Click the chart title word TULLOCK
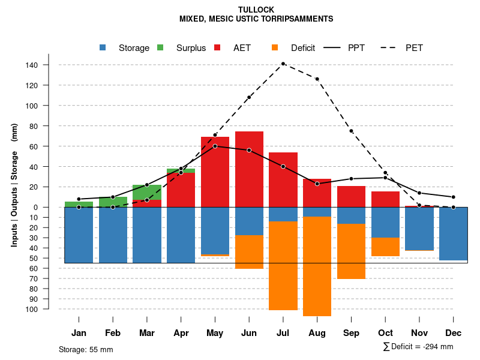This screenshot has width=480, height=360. point(256,10)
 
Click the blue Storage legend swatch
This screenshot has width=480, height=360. point(103,47)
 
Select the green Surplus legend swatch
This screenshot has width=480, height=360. point(160,47)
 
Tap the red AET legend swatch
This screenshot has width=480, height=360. point(217,47)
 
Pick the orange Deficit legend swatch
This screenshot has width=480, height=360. point(275,47)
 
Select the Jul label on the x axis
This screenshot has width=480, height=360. point(283,333)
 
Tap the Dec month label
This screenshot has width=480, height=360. point(454,333)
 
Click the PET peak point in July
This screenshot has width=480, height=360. point(283,64)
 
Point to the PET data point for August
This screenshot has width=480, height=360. point(317,79)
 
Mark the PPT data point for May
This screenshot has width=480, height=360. point(215,146)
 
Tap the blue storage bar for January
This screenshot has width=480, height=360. point(79,235)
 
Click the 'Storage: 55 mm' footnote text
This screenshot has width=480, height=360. point(86,349)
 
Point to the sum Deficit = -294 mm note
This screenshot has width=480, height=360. point(418,347)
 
